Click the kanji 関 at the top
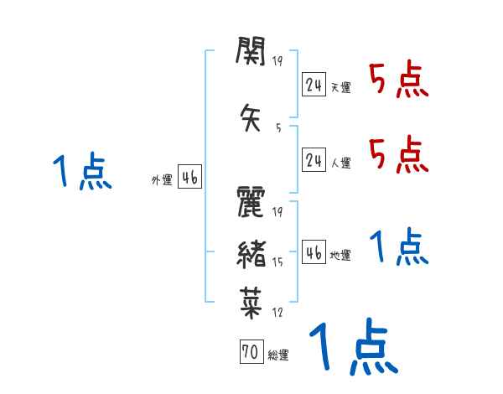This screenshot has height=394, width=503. pyautogui.click(x=251, y=54)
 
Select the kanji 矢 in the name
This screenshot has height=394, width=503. pyautogui.click(x=251, y=117)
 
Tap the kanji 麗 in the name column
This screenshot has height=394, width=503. pyautogui.click(x=251, y=203)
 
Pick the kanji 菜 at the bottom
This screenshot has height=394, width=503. pyautogui.click(x=251, y=301)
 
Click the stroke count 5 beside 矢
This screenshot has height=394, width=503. pyautogui.click(x=278, y=127)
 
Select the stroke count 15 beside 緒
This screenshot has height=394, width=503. pyautogui.click(x=277, y=262)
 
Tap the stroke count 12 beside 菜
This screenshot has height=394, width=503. pyautogui.click(x=277, y=313)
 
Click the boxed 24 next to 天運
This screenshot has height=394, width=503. pyautogui.click(x=314, y=85)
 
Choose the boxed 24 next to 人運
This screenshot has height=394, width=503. pyautogui.click(x=314, y=161)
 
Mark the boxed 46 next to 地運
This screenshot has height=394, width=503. pyautogui.click(x=314, y=253)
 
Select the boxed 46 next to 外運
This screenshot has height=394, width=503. pyautogui.click(x=189, y=177)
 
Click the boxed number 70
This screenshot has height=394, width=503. pyautogui.click(x=251, y=353)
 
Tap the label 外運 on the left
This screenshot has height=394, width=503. pyautogui.click(x=161, y=179)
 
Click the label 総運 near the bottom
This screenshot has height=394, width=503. pyautogui.click(x=278, y=355)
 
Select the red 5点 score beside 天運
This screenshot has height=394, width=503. pyautogui.click(x=398, y=80)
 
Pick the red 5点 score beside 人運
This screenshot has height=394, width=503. pyautogui.click(x=398, y=155)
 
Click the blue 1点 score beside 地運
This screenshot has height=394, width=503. pyautogui.click(x=398, y=247)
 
